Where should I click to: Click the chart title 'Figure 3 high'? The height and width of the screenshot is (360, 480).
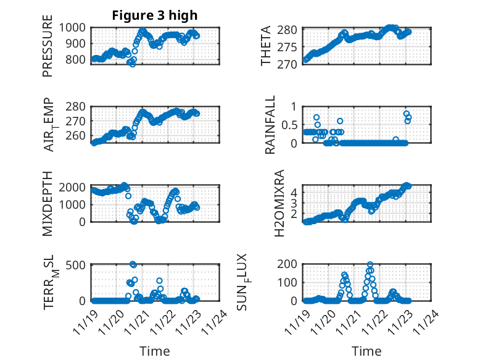tap(154, 15)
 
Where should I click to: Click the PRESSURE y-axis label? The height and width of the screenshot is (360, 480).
tap(48, 51)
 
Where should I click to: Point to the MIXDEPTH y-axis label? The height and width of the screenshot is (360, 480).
tap(48, 204)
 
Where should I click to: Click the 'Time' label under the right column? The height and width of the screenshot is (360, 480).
tap(366, 351)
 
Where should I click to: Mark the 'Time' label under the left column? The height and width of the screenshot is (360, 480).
tap(155, 351)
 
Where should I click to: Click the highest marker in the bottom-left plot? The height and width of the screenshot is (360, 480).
tap(133, 264)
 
